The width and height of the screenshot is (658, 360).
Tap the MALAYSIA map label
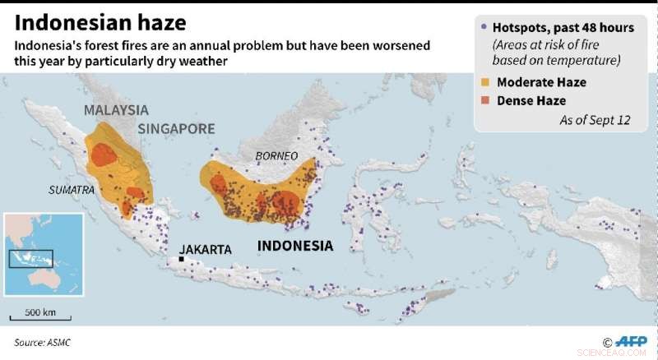pyautogui.click(x=116, y=109)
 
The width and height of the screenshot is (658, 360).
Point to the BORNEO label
pyautogui.click(x=276, y=155)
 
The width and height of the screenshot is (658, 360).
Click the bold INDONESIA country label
pyautogui.click(x=295, y=246)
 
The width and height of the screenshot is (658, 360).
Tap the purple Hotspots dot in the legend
pyautogui.click(x=483, y=28)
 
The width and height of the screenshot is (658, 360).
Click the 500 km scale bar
pyautogui.click(x=34, y=317)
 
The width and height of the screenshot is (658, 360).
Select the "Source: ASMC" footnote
pyautogui.click(x=40, y=341)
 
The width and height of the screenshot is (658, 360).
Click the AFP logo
pyautogui.click(x=631, y=342)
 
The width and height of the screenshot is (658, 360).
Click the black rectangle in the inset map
pyautogui.click(x=31, y=258)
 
